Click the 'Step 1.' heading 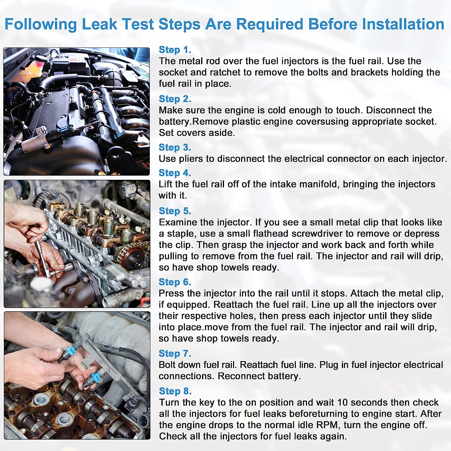(x=175, y=50)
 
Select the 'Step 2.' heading (x=175, y=99)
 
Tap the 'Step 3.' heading (x=175, y=147)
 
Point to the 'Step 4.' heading (x=175, y=173)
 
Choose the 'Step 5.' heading (x=175, y=211)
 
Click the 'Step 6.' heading (x=175, y=282)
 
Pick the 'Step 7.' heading (x=175, y=353)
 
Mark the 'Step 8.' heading (x=175, y=391)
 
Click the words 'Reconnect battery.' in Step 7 (x=259, y=376)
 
